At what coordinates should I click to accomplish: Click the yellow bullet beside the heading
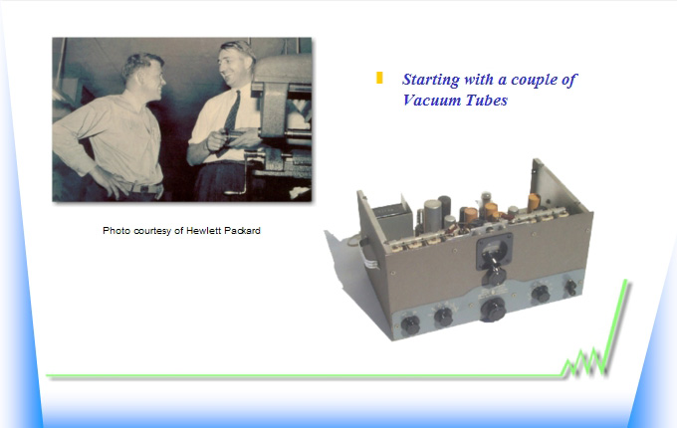pyautogui.click(x=379, y=78)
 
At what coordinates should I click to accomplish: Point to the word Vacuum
pyautogui.click(x=426, y=101)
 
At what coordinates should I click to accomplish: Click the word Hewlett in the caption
pyautogui.click(x=203, y=231)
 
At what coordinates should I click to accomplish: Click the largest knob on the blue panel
pyautogui.click(x=493, y=310)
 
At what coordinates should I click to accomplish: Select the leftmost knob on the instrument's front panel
pyautogui.click(x=410, y=325)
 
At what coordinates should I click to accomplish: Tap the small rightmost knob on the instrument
pyautogui.click(x=570, y=287)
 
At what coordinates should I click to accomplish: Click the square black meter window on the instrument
pyautogui.click(x=495, y=250)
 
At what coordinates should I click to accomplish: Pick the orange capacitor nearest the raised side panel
pyautogui.click(x=534, y=202)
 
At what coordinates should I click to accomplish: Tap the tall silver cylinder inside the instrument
pyautogui.click(x=433, y=216)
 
